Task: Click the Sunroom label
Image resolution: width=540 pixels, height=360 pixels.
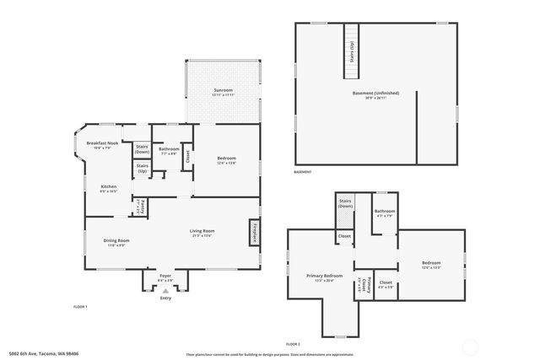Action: click(223, 90)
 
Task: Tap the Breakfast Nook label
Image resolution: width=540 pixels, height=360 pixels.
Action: click(103, 144)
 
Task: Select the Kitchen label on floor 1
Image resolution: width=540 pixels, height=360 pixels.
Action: click(109, 186)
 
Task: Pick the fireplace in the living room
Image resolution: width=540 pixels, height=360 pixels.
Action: click(252, 233)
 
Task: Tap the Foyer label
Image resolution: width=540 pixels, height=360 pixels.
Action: click(165, 277)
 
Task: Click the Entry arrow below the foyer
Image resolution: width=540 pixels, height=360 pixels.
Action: click(165, 291)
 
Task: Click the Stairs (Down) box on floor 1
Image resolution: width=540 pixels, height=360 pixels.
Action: click(143, 149)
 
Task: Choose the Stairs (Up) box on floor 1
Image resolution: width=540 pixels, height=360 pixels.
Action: click(143, 168)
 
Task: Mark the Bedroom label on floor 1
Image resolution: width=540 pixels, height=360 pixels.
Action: click(225, 159)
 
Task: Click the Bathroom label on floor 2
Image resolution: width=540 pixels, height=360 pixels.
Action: click(385, 212)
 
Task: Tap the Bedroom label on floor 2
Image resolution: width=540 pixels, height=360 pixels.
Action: click(431, 264)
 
